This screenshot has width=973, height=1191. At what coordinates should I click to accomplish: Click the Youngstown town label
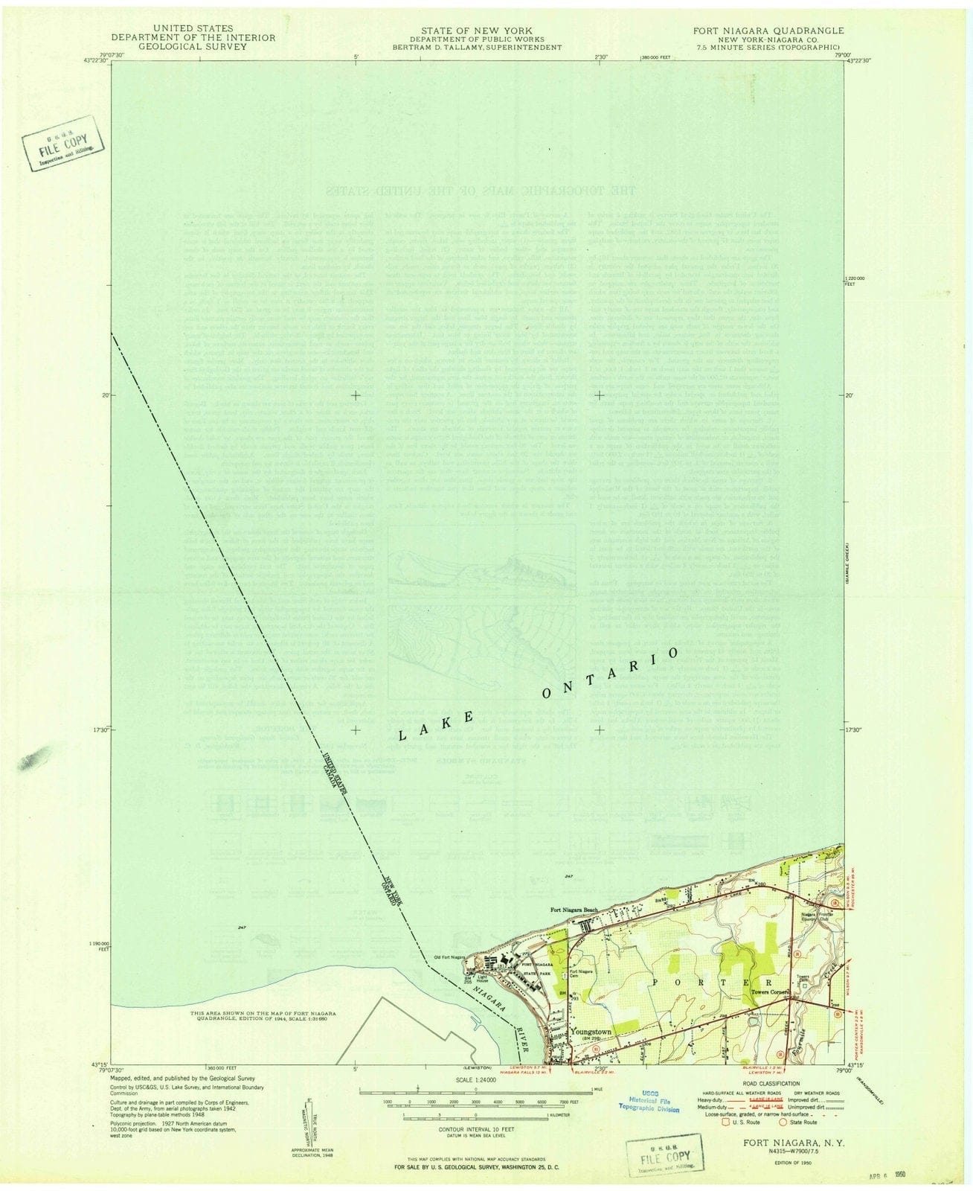click(x=591, y=1032)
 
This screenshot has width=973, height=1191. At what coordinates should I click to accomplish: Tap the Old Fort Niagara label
click(x=449, y=957)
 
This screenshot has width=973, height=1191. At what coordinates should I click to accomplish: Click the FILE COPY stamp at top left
click(x=63, y=142)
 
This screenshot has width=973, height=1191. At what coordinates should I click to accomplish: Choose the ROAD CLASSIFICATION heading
click(x=766, y=1084)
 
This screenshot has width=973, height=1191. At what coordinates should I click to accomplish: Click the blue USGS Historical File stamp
click(x=649, y=1102)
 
